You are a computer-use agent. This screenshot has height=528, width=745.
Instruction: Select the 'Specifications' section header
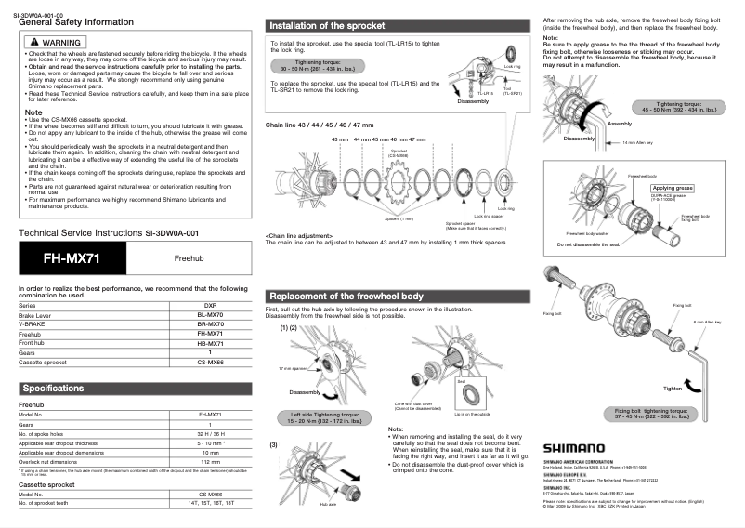click(54, 388)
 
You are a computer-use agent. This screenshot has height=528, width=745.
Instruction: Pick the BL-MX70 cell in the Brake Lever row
click(210, 316)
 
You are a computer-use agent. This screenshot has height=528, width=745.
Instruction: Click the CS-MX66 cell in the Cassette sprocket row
click(210, 362)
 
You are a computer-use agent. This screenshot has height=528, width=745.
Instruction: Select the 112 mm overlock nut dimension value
click(210, 461)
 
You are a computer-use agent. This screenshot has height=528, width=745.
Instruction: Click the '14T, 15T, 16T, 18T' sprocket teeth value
click(210, 503)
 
